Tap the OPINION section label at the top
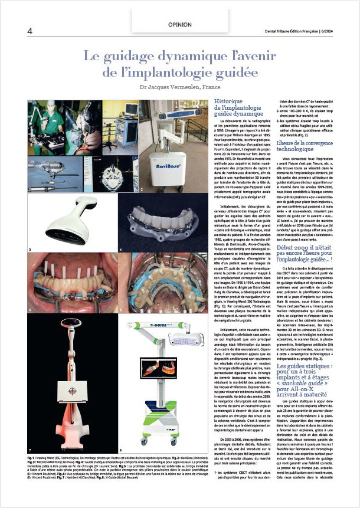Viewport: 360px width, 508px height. coord(179,25)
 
